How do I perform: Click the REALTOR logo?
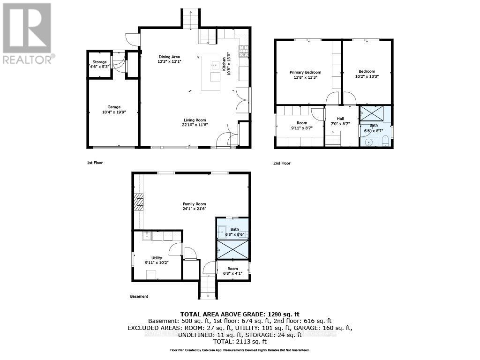(27, 33)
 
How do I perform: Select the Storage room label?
(99, 64)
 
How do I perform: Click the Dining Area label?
(169, 59)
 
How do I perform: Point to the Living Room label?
(194, 122)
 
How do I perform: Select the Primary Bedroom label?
(305, 75)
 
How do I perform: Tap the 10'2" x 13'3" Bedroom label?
(367, 74)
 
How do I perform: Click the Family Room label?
(195, 206)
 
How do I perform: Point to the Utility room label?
(156, 260)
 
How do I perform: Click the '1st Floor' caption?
(94, 163)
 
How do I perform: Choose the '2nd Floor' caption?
(282, 163)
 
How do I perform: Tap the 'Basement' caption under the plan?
(139, 296)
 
